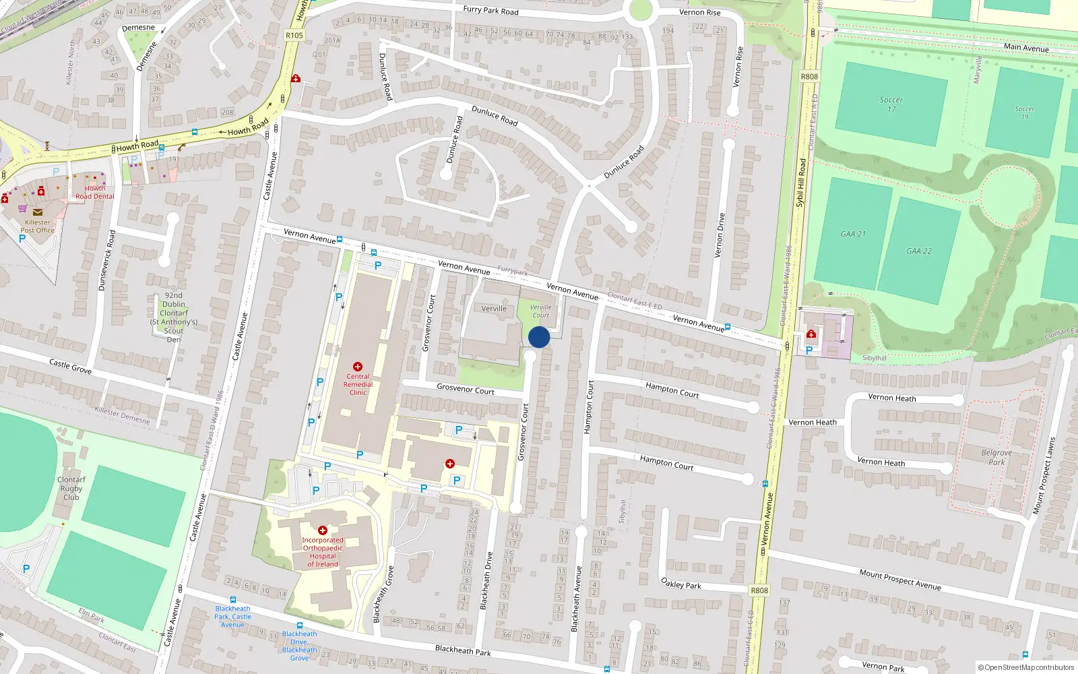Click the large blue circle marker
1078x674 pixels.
pos(539,337)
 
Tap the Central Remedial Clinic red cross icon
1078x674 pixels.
pos(358,367)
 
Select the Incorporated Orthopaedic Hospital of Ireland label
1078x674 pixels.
pos(323,552)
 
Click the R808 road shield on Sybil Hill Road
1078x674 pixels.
pos(809,77)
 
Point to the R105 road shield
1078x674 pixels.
pos(294,35)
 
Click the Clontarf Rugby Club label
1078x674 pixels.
pos(71,489)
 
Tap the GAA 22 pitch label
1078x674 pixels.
pos(919,251)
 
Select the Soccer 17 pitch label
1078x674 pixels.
pos(891,104)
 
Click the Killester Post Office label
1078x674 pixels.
pos(37,226)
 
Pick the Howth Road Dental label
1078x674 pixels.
pos(95,193)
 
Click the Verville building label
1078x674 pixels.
pos(494,309)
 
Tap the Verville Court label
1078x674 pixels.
pos(540,311)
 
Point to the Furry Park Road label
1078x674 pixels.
pos(490,10)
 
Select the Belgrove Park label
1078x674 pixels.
pos(996,458)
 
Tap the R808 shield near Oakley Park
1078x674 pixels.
pos(759,590)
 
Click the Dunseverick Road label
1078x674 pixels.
pos(106,261)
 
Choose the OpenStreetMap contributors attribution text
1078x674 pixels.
pos(1026,667)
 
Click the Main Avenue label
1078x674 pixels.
pos(1026,47)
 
